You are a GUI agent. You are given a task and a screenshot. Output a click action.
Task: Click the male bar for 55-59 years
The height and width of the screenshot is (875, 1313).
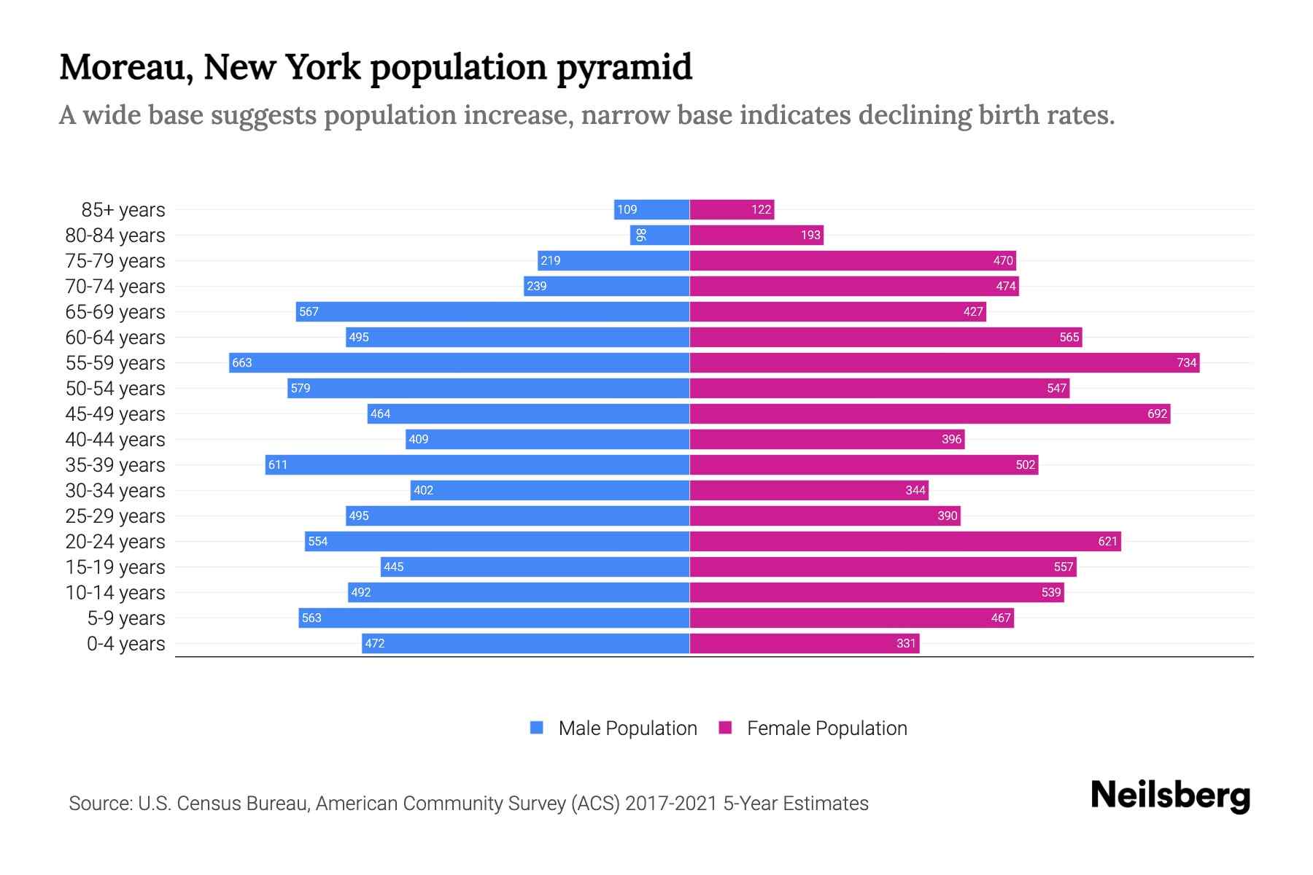point(460,362)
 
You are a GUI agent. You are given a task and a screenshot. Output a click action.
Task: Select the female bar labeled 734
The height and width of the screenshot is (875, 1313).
point(945,362)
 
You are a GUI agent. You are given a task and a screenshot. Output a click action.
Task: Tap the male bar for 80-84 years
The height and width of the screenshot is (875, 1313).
point(660,235)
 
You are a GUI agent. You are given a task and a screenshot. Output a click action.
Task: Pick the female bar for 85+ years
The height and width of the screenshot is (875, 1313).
point(732,209)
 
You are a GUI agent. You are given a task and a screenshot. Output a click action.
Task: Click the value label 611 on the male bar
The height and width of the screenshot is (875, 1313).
point(277,464)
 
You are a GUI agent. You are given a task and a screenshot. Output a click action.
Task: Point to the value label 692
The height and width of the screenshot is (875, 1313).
point(1157,413)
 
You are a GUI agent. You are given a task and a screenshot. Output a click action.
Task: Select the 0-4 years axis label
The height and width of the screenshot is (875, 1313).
point(125,643)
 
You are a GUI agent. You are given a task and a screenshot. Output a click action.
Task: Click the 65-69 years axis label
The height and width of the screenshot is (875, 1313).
point(115,311)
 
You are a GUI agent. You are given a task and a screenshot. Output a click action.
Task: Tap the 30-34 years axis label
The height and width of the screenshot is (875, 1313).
point(115,490)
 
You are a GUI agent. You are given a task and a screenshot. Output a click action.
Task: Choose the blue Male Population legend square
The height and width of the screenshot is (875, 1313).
point(537,728)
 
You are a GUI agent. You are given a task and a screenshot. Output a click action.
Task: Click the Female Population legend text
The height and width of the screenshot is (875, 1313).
point(826,728)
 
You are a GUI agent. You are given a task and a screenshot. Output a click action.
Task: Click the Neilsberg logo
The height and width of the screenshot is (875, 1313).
point(1170,795)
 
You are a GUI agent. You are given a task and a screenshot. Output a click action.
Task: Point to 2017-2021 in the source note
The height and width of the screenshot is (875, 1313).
point(671,803)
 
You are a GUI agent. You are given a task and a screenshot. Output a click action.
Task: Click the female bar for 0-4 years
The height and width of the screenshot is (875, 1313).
point(804,643)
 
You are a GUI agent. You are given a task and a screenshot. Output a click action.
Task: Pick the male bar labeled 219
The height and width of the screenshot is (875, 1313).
point(613,260)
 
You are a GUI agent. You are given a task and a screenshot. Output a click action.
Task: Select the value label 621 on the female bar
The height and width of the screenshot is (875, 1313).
point(1107,541)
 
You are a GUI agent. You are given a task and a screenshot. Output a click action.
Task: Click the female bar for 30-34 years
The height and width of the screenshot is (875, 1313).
point(808,490)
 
